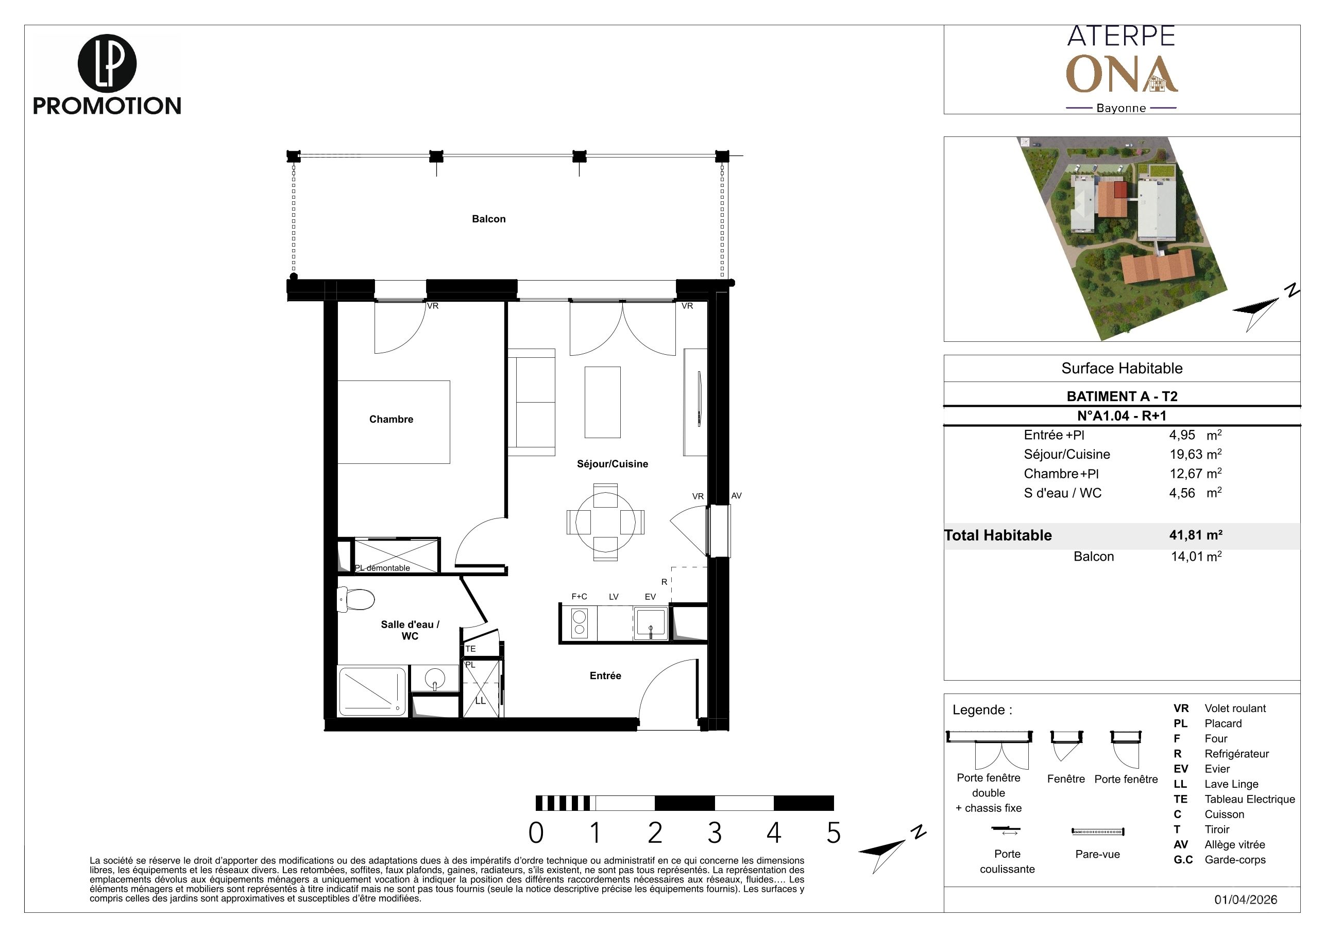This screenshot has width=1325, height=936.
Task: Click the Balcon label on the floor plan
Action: click(x=488, y=219)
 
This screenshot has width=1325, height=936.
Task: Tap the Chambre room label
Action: click(x=392, y=419)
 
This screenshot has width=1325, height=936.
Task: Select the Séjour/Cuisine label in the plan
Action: click(x=613, y=464)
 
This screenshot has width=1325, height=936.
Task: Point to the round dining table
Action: click(x=605, y=522)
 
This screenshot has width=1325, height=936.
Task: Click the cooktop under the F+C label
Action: click(x=579, y=623)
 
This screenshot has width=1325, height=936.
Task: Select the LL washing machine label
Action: click(x=480, y=701)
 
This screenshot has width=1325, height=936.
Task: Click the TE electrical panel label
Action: click(x=470, y=649)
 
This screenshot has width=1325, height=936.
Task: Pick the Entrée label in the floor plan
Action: click(x=605, y=676)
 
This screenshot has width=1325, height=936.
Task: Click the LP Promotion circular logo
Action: click(x=107, y=63)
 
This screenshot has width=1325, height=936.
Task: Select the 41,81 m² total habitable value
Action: click(x=1196, y=534)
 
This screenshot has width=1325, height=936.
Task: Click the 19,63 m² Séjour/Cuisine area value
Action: click(x=1196, y=454)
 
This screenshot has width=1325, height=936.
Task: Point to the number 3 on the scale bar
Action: click(x=715, y=833)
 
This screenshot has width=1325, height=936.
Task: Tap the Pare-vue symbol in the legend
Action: click(x=1098, y=831)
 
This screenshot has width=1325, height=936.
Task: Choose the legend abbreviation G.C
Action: click(x=1183, y=860)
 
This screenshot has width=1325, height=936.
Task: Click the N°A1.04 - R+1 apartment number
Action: click(x=1122, y=416)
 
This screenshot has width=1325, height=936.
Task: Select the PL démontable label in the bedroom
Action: click(x=382, y=568)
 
